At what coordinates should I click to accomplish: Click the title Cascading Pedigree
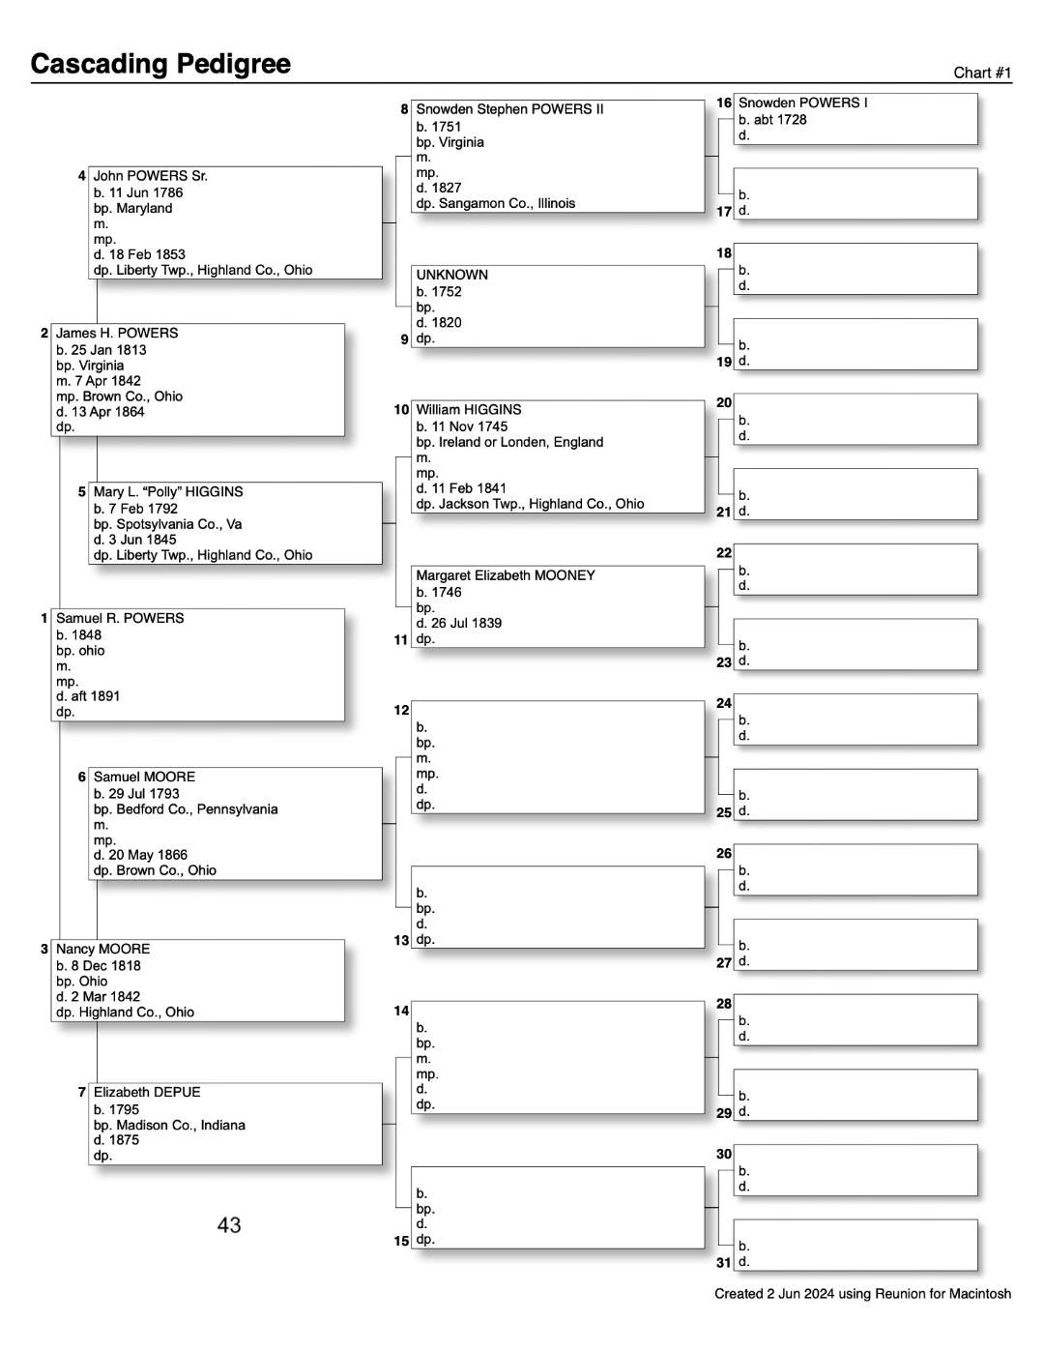coord(160,64)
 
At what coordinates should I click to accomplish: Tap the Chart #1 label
coord(981,73)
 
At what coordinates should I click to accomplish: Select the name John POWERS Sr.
coord(150,176)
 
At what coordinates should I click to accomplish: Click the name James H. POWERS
coord(117,333)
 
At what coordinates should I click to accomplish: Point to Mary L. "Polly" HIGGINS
coord(168,491)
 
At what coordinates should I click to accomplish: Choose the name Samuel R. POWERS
coord(120,618)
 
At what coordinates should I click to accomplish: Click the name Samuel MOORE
coord(144,777)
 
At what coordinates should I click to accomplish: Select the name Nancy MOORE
coord(102,949)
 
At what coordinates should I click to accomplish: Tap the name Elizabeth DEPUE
coord(147,1092)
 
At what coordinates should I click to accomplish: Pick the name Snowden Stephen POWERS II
coord(509,109)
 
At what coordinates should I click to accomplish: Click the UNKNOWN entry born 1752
coord(451,275)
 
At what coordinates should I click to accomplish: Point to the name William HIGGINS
coord(468,409)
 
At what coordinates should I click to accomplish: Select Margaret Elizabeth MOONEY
coord(506,575)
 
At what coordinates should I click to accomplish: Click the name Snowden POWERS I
coord(802,103)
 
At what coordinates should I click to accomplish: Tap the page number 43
coord(229,1225)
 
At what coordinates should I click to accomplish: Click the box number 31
coord(724,1262)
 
